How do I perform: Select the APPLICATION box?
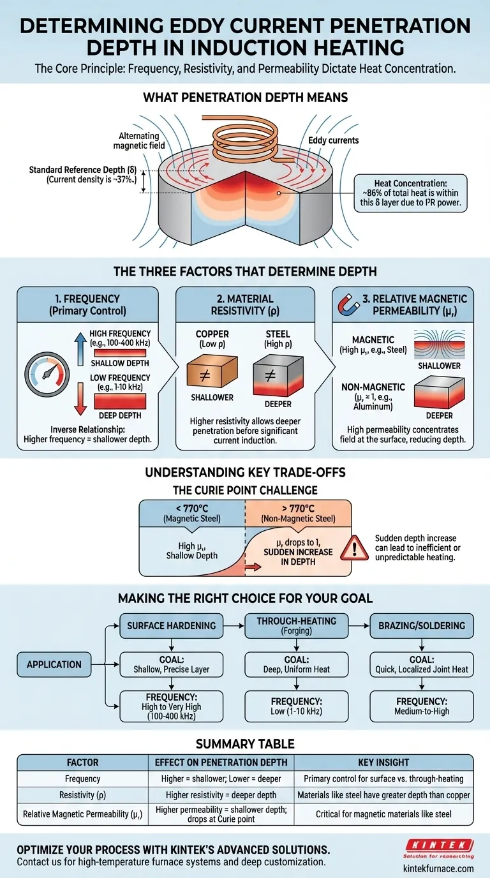[x=54, y=664]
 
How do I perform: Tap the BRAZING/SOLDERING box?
[x=422, y=626]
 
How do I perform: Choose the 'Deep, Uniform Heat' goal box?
[x=297, y=664]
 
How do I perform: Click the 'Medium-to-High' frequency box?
[x=422, y=706]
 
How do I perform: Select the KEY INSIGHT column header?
[x=383, y=762]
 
